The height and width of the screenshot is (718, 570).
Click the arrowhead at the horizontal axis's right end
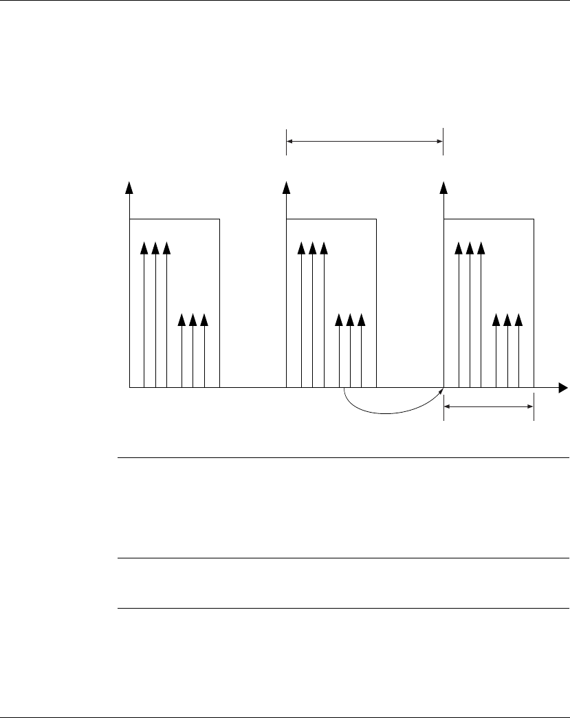563,389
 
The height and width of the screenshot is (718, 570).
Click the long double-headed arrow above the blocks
364,142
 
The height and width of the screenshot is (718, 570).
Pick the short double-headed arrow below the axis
489,406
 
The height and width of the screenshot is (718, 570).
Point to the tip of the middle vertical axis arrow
286,186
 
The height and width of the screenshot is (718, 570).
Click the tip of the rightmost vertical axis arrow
444,186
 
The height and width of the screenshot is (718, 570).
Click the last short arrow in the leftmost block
204,351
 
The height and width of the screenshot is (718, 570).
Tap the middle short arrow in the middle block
351,351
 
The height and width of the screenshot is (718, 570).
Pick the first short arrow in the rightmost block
496,351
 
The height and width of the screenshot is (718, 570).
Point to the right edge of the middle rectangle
376,303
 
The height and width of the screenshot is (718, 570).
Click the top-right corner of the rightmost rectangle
534,219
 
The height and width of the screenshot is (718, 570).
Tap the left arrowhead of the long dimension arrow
290,142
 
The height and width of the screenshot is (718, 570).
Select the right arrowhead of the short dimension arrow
530,406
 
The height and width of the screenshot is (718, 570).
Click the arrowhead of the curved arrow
441,391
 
